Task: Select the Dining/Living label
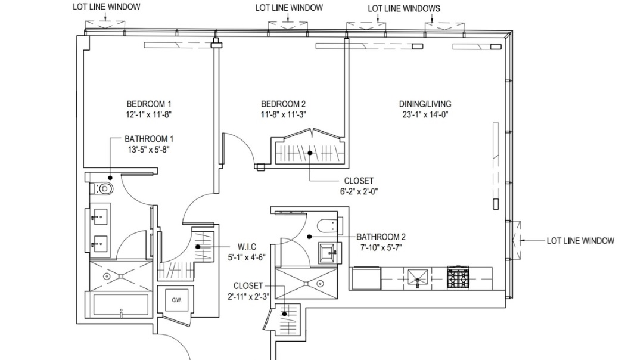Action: [x=425, y=103]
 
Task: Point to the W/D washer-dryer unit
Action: [x=177, y=299]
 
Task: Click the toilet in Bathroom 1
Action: [x=105, y=190]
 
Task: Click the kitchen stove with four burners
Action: [x=458, y=277]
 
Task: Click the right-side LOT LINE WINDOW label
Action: [x=580, y=241]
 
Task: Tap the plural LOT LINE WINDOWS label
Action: [x=404, y=8]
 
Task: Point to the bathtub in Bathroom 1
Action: [x=121, y=305]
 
